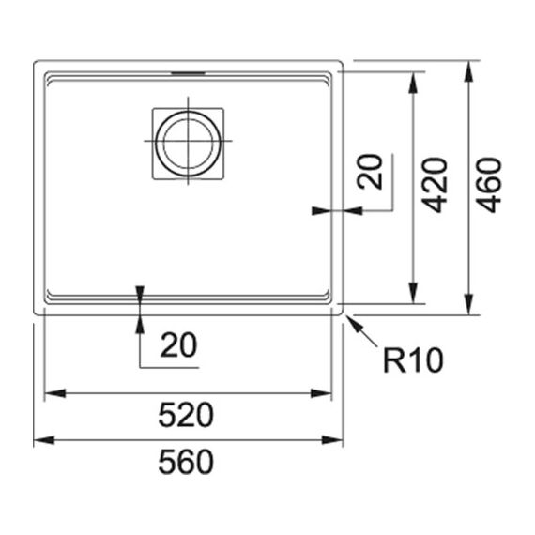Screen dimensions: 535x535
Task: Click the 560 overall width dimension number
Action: point(186,463)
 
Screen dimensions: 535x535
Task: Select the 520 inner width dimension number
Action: point(186,415)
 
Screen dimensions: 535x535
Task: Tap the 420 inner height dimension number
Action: point(434,185)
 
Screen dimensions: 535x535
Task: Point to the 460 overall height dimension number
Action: point(489,185)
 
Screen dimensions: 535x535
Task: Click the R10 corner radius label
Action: point(413,360)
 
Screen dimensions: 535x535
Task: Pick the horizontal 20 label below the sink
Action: point(178,345)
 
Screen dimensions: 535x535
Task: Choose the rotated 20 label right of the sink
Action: point(370,172)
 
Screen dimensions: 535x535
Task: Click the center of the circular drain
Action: point(188,144)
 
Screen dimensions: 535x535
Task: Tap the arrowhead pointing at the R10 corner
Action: point(353,323)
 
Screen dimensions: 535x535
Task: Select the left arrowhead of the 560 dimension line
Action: point(44,440)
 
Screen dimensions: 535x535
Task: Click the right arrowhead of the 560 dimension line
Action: point(332,440)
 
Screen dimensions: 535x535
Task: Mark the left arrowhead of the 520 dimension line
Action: point(55,393)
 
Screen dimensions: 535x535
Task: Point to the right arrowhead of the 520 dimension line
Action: point(321,393)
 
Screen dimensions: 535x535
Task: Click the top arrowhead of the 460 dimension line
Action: point(468,71)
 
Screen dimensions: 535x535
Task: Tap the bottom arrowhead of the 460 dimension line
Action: point(468,304)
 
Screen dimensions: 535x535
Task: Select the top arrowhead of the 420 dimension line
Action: point(413,83)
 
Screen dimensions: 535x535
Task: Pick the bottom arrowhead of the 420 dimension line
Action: point(413,293)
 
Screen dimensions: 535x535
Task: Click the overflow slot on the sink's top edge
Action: point(188,73)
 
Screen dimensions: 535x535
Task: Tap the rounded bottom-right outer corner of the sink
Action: point(341,313)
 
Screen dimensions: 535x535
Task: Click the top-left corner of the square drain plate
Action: point(152,108)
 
